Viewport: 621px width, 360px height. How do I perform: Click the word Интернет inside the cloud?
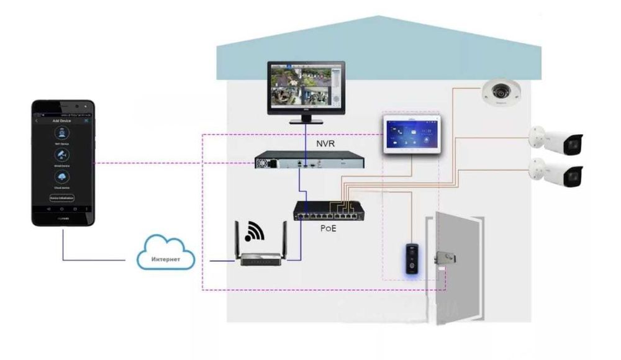click(x=166, y=259)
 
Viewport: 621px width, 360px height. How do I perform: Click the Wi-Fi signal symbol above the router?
click(x=254, y=232)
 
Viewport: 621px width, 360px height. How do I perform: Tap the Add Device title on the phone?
click(x=62, y=120)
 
